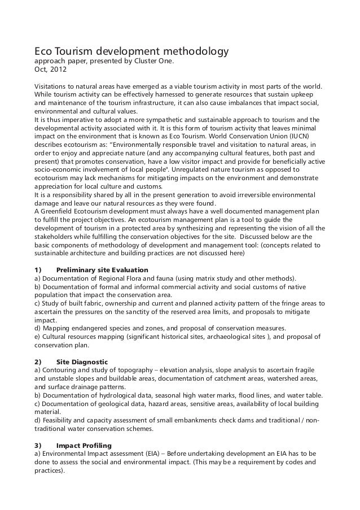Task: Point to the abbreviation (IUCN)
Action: pyautogui.click(x=306, y=136)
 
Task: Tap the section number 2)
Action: pyautogui.click(x=39, y=361)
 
